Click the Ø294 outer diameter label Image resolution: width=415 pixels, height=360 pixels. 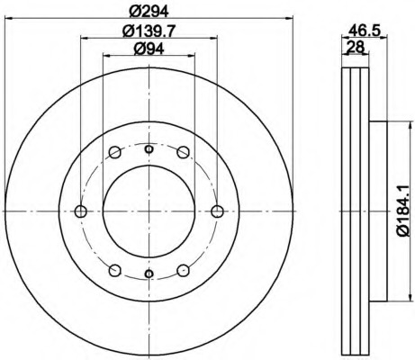(149, 12)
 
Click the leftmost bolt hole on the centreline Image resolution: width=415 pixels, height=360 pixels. (80, 211)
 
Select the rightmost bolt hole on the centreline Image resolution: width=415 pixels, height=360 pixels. (217, 211)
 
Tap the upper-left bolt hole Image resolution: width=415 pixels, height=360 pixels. (114, 152)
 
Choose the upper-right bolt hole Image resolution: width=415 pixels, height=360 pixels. (183, 152)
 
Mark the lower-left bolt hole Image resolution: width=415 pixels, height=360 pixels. (114, 270)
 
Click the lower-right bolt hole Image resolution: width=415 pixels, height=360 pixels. (183, 270)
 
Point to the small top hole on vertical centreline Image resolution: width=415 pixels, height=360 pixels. (149, 146)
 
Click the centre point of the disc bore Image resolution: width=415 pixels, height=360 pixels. (149, 211)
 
